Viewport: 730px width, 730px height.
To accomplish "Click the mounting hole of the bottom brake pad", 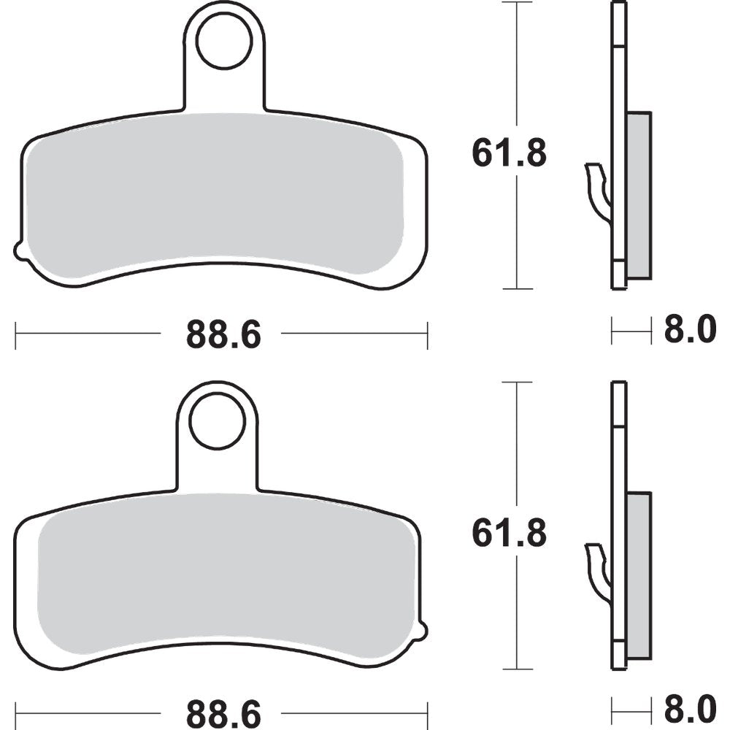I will (217, 421).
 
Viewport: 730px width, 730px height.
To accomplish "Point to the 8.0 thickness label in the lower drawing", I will (691, 709).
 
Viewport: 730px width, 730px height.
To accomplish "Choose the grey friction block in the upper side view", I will (639, 195).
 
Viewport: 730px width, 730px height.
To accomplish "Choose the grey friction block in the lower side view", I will (639, 574).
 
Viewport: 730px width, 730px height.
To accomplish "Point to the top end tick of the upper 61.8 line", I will (518, 4).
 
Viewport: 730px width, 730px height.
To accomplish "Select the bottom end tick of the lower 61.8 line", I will (518, 669).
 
